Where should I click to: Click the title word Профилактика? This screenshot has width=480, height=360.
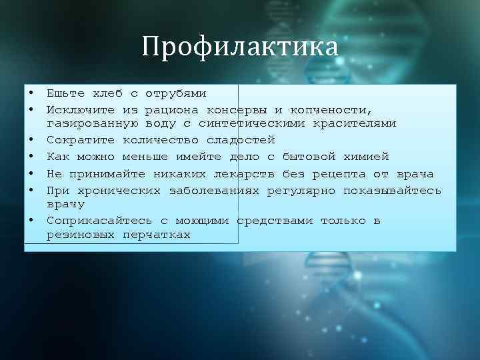(240, 47)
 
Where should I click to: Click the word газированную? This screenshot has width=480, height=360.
(93, 124)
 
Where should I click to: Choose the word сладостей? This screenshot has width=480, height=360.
(241, 140)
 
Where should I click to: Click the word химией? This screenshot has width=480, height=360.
(365, 157)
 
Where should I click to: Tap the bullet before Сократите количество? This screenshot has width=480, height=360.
(30, 140)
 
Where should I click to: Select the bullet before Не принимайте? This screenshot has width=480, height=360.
(30, 174)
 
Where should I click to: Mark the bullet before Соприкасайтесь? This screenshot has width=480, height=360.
(30, 220)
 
